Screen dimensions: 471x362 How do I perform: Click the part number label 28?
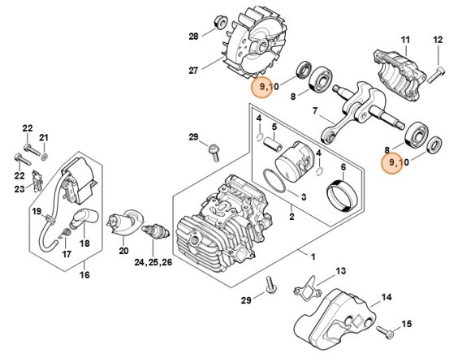pos(193,37)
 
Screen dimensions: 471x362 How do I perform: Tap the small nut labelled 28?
pos(220,23)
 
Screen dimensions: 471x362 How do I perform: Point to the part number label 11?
pos(405,40)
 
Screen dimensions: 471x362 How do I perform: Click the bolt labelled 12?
pos(435,75)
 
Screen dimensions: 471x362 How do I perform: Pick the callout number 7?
pos(315,111)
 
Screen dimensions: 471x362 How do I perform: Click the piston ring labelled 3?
pos(274,181)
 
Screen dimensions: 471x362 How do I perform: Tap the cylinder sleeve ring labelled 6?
pos(343,196)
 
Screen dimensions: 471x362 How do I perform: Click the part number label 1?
pos(313,257)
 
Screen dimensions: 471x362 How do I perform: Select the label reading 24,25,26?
pos(153,262)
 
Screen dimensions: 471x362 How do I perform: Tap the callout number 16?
pos(84,274)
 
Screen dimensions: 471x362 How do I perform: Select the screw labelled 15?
pos(386,332)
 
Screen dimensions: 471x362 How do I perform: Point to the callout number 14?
pos(387,297)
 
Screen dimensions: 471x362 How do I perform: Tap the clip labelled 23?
pos(37,181)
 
